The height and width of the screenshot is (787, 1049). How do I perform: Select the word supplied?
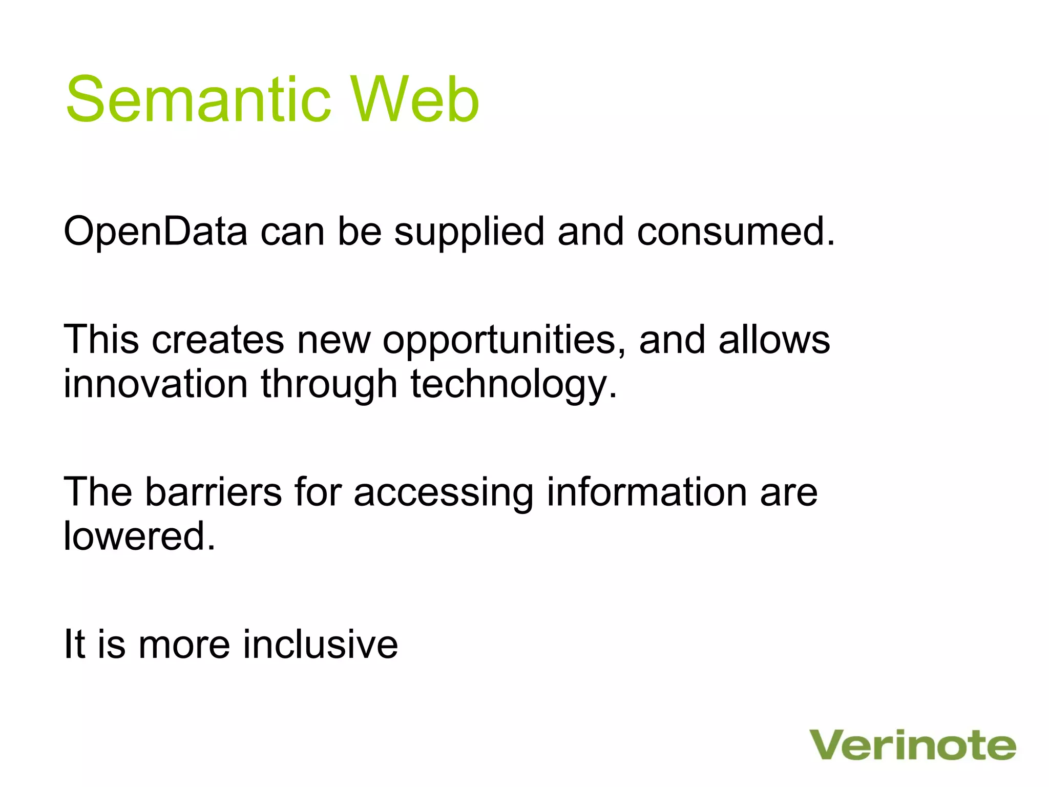click(469, 232)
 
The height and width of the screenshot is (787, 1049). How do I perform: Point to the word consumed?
click(736, 232)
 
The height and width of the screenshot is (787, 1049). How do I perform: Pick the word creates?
click(218, 340)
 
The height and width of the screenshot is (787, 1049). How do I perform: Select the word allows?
click(774, 340)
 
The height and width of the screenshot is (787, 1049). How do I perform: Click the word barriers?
click(213, 492)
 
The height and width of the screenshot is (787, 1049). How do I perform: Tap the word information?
click(647, 492)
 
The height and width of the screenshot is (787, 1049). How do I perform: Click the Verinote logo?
click(912, 745)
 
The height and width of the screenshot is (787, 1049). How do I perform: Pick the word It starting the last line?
click(74, 645)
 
